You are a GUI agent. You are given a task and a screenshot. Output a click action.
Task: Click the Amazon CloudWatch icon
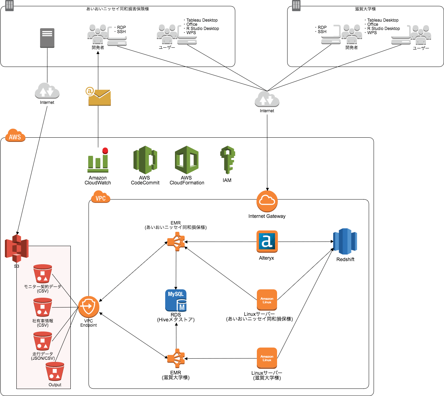click(x=98, y=161)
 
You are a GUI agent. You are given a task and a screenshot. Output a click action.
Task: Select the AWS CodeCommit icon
click(x=145, y=160)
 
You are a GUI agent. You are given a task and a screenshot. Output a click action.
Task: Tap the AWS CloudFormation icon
click(x=187, y=160)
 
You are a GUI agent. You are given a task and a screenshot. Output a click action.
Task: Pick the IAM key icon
click(x=227, y=160)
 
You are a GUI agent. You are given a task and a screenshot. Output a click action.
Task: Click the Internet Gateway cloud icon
click(x=267, y=201)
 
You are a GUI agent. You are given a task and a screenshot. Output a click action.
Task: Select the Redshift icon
click(x=345, y=241)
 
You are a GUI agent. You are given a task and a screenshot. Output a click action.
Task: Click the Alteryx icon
click(x=267, y=241)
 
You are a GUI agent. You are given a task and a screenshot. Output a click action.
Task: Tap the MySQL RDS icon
click(x=176, y=300)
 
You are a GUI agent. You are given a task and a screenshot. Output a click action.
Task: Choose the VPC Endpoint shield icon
click(x=89, y=307)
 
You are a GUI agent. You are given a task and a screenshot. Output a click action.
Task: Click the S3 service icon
click(x=16, y=248)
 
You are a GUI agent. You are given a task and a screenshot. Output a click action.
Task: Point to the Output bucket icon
click(x=55, y=372)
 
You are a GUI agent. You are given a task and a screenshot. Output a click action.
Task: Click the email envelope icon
click(x=99, y=97)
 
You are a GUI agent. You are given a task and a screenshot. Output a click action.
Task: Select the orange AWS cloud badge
click(x=15, y=136)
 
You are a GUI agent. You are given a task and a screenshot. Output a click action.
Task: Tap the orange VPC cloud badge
click(x=100, y=198)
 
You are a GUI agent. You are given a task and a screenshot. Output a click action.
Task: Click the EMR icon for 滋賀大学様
click(x=176, y=358)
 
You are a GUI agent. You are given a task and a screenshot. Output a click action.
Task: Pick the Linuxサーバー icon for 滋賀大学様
click(x=267, y=358)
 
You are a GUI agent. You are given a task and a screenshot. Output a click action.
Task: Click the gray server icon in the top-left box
click(x=47, y=38)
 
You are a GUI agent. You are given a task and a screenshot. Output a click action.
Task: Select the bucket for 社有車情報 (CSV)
click(x=43, y=307)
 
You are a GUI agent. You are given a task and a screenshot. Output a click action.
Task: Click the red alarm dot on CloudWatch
click(x=105, y=151)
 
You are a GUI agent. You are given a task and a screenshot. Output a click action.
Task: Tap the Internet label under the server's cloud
click(x=47, y=102)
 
